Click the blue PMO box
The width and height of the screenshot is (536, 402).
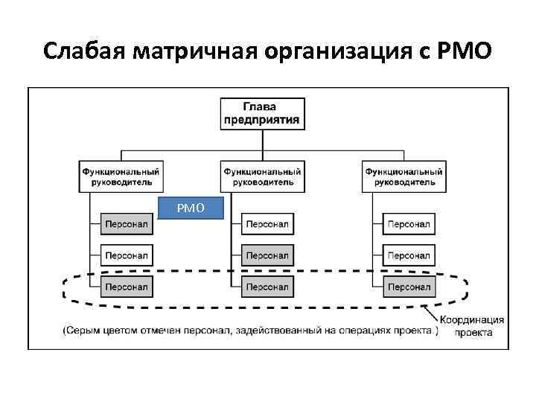tap(191, 208)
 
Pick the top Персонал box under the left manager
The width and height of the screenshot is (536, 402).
tap(126, 223)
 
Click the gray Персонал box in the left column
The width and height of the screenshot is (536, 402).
tap(126, 286)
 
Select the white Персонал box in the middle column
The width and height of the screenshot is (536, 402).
tap(267, 223)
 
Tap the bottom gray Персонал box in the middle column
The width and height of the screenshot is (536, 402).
tap(267, 286)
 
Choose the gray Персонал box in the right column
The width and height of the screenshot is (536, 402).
tap(409, 286)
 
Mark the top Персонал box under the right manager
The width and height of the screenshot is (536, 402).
tap(409, 223)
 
